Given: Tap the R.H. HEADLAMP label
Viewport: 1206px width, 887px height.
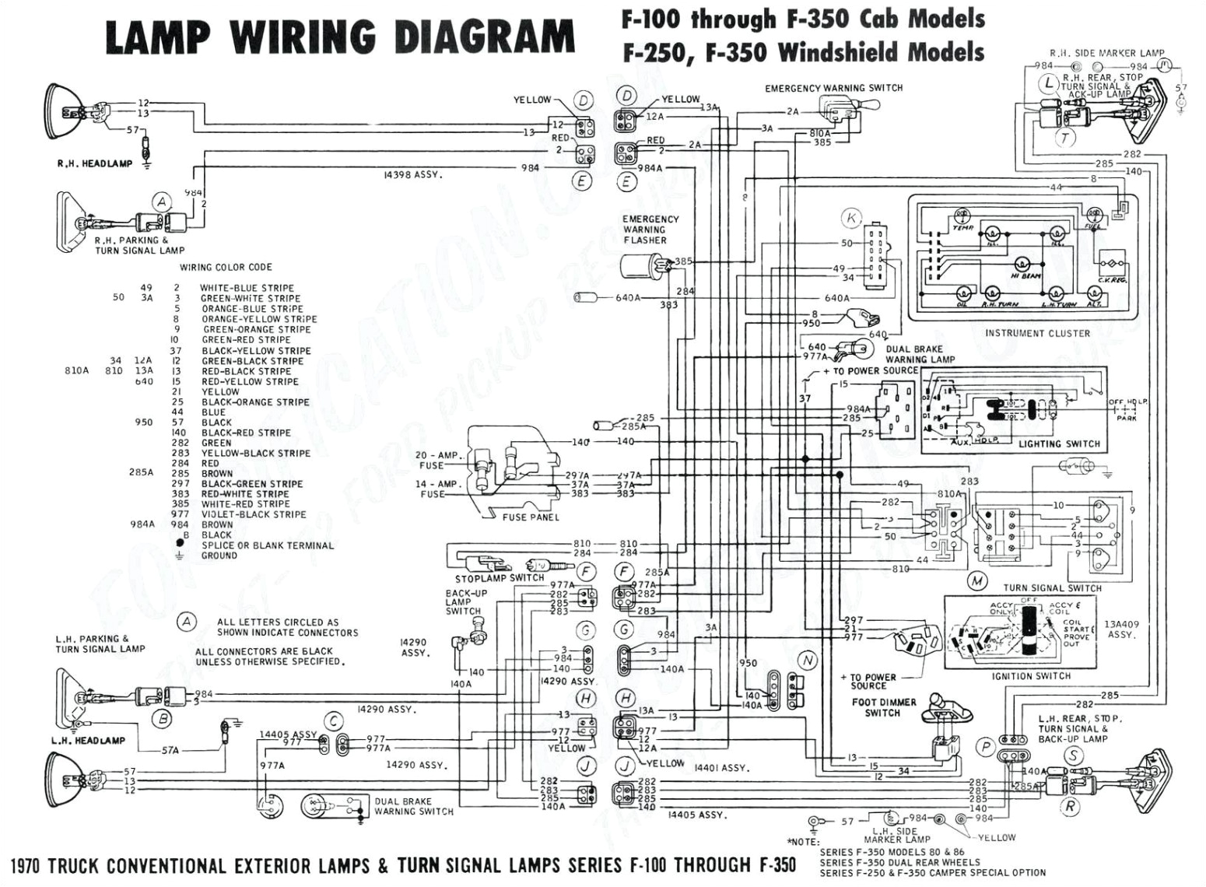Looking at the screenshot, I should pyautogui.click(x=94, y=164).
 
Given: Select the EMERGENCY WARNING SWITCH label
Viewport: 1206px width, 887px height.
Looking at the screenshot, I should pyautogui.click(x=833, y=88).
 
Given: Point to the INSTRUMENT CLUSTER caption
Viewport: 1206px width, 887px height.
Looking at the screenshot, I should pyautogui.click(x=1037, y=333).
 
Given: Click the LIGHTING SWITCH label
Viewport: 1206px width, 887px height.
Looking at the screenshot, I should pyautogui.click(x=1059, y=443).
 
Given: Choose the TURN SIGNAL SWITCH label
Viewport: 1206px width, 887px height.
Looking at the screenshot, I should pyautogui.click(x=1052, y=587).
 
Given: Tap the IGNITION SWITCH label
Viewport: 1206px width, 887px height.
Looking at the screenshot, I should pyautogui.click(x=1031, y=676).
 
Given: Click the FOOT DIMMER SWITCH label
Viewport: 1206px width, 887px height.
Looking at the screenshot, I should pyautogui.click(x=884, y=707).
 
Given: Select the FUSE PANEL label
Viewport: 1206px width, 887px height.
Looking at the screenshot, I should pyautogui.click(x=531, y=517).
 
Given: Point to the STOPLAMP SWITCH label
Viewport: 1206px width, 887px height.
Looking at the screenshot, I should pyautogui.click(x=500, y=578).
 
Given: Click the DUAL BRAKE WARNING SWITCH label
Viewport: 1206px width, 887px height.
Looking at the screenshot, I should pyautogui.click(x=413, y=806).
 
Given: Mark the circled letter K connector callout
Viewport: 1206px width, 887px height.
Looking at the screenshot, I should pyautogui.click(x=851, y=218).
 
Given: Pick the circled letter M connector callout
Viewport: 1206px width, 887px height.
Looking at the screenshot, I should pyautogui.click(x=976, y=580).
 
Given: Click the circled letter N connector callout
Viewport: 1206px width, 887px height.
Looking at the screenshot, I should pyautogui.click(x=808, y=661).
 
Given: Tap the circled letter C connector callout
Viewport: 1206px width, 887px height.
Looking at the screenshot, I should pyautogui.click(x=333, y=720).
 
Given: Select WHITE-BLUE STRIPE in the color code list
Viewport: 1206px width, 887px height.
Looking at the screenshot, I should pyautogui.click(x=247, y=288).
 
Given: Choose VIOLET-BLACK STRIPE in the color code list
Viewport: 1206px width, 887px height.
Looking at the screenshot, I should pyautogui.click(x=254, y=514).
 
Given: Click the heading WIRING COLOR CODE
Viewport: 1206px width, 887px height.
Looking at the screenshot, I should pyautogui.click(x=226, y=267).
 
